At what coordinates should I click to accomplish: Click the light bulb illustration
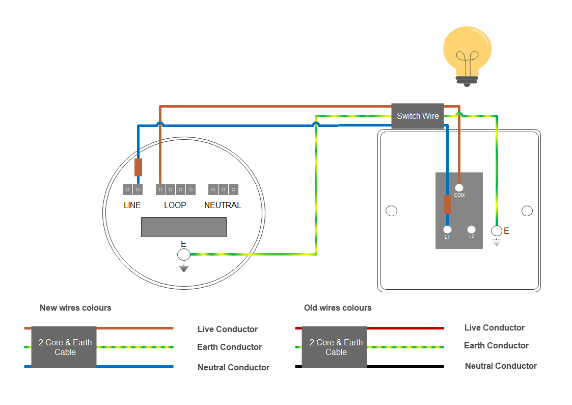coord(467,55)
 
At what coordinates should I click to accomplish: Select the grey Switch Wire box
coord(418,116)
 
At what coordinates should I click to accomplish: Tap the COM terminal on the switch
coord(459,188)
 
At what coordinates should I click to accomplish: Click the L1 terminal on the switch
coord(447,230)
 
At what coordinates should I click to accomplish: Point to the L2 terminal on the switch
coord(472,230)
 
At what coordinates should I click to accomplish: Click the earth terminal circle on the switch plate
coord(497,231)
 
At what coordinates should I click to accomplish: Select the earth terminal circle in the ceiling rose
coord(184,255)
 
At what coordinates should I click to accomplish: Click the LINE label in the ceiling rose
coord(132,205)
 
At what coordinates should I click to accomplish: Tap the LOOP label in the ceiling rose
coord(175,205)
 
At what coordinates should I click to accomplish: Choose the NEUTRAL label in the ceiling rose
coord(223,205)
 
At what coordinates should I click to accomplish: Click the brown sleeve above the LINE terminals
coord(138,167)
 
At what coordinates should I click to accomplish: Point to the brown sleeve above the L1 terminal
coord(447,204)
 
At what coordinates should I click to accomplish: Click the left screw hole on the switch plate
coord(391,211)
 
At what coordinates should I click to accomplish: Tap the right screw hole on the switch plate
coord(527,211)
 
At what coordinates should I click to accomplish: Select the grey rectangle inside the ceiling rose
coord(183,226)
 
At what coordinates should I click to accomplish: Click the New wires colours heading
coord(75,308)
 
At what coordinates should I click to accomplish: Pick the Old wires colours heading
coord(338,308)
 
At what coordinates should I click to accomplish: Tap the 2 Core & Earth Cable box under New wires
coord(64,347)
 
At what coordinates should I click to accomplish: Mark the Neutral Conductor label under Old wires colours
coord(501,366)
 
